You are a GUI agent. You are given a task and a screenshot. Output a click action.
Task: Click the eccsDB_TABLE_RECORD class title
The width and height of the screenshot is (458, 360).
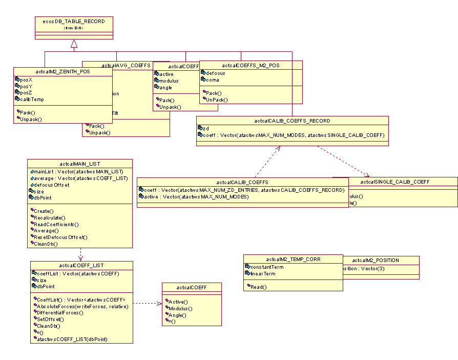(73, 22)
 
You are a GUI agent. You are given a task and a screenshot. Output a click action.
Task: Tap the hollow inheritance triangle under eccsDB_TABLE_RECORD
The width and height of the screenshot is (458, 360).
(74, 44)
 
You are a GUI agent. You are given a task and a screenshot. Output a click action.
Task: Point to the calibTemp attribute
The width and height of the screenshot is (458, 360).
(30, 99)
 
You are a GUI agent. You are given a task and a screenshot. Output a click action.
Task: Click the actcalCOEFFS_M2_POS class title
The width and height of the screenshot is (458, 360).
(251, 65)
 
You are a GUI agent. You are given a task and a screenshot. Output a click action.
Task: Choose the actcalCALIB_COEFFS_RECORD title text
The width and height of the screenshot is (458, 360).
(292, 121)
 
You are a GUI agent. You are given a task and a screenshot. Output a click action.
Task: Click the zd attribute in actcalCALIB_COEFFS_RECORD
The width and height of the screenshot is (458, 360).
(205, 128)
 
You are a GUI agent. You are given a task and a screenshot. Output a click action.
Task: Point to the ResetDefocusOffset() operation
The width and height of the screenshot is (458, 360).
(61, 237)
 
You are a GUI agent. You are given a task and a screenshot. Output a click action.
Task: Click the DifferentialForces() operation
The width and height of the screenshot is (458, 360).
(59, 312)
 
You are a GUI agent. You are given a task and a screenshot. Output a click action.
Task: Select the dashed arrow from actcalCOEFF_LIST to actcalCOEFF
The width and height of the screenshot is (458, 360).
(148, 304)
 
